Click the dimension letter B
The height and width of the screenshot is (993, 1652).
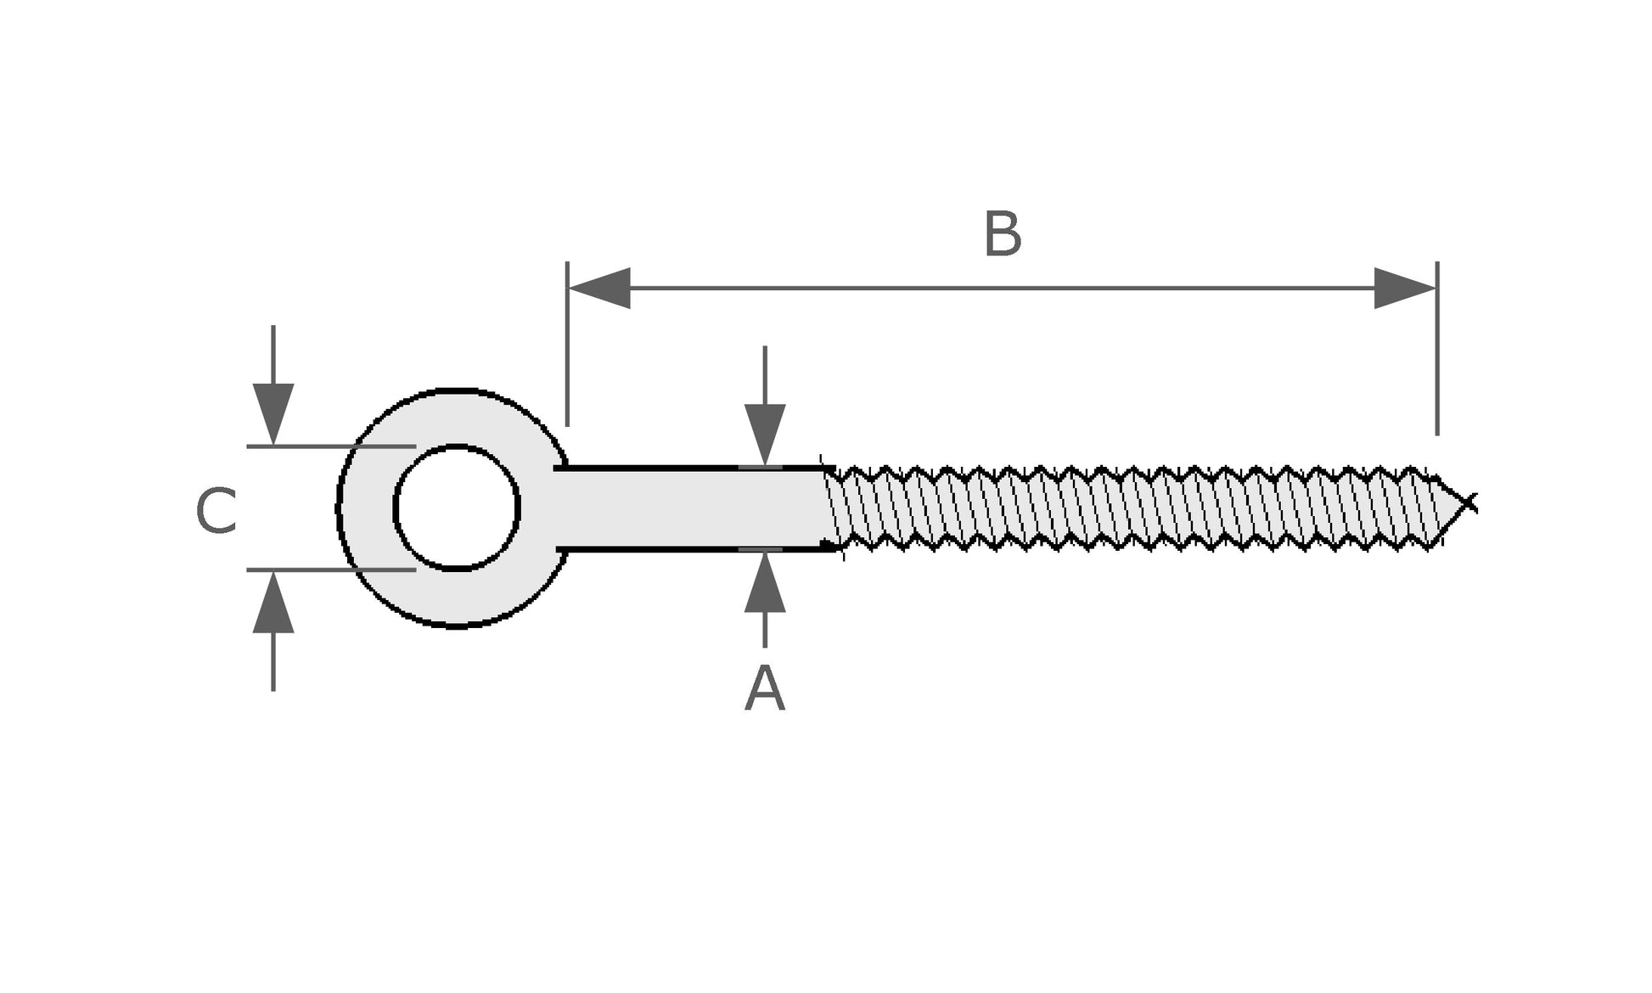click(1002, 235)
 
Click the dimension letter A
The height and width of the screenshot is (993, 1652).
click(764, 689)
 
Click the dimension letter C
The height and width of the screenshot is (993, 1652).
click(216, 511)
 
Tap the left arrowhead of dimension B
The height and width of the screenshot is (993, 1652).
click(600, 289)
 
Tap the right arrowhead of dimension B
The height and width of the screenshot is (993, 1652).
click(1404, 289)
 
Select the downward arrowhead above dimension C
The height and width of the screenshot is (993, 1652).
click(273, 412)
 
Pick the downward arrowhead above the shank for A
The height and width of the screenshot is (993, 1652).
click(765, 433)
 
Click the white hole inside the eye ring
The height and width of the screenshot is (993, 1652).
click(457, 508)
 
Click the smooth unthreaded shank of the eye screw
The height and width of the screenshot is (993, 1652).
click(688, 508)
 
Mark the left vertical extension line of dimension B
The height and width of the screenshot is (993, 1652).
click(567, 356)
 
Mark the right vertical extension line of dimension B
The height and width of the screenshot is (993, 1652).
click(1437, 356)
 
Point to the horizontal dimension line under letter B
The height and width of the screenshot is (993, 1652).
click(1002, 289)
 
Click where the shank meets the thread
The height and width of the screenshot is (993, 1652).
click(828, 508)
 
